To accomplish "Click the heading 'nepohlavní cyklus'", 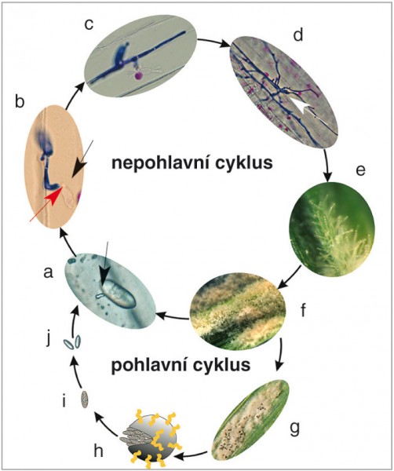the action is click(x=192, y=163).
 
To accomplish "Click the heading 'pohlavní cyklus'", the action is click(x=181, y=365).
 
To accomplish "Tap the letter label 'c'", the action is click(x=89, y=25).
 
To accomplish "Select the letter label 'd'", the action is click(x=298, y=35).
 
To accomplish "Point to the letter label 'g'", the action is click(x=294, y=429).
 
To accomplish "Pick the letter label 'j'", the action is click(x=48, y=340).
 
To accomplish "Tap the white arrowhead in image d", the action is click(x=304, y=107).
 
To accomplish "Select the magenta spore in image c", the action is click(x=138, y=75).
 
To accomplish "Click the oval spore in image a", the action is click(x=119, y=294).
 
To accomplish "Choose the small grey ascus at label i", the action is click(x=85, y=399).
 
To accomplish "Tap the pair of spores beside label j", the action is click(x=72, y=343).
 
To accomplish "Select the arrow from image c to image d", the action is click(x=213, y=41).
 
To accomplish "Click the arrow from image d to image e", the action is click(x=328, y=165).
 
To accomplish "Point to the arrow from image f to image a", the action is click(x=173, y=316).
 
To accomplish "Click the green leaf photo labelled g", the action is click(x=251, y=420).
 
